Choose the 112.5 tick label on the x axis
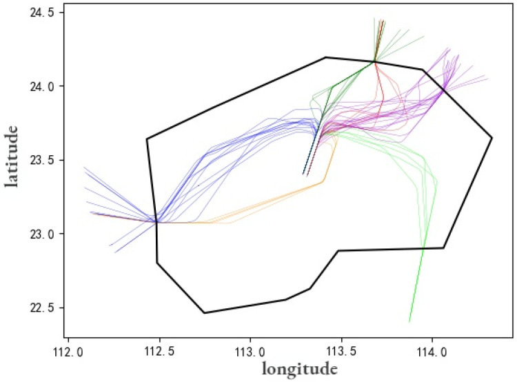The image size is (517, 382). (x=159, y=352)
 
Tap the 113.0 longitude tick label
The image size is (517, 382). (x=250, y=352)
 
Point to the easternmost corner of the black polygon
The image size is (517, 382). (x=491, y=138)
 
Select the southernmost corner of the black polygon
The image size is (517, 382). (x=204, y=313)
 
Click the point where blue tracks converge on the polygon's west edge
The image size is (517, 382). (x=156, y=222)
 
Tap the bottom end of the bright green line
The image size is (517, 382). (x=409, y=322)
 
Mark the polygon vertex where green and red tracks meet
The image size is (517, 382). (x=375, y=61)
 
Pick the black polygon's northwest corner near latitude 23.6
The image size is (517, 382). (x=147, y=139)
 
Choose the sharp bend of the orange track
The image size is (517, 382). (x=323, y=182)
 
